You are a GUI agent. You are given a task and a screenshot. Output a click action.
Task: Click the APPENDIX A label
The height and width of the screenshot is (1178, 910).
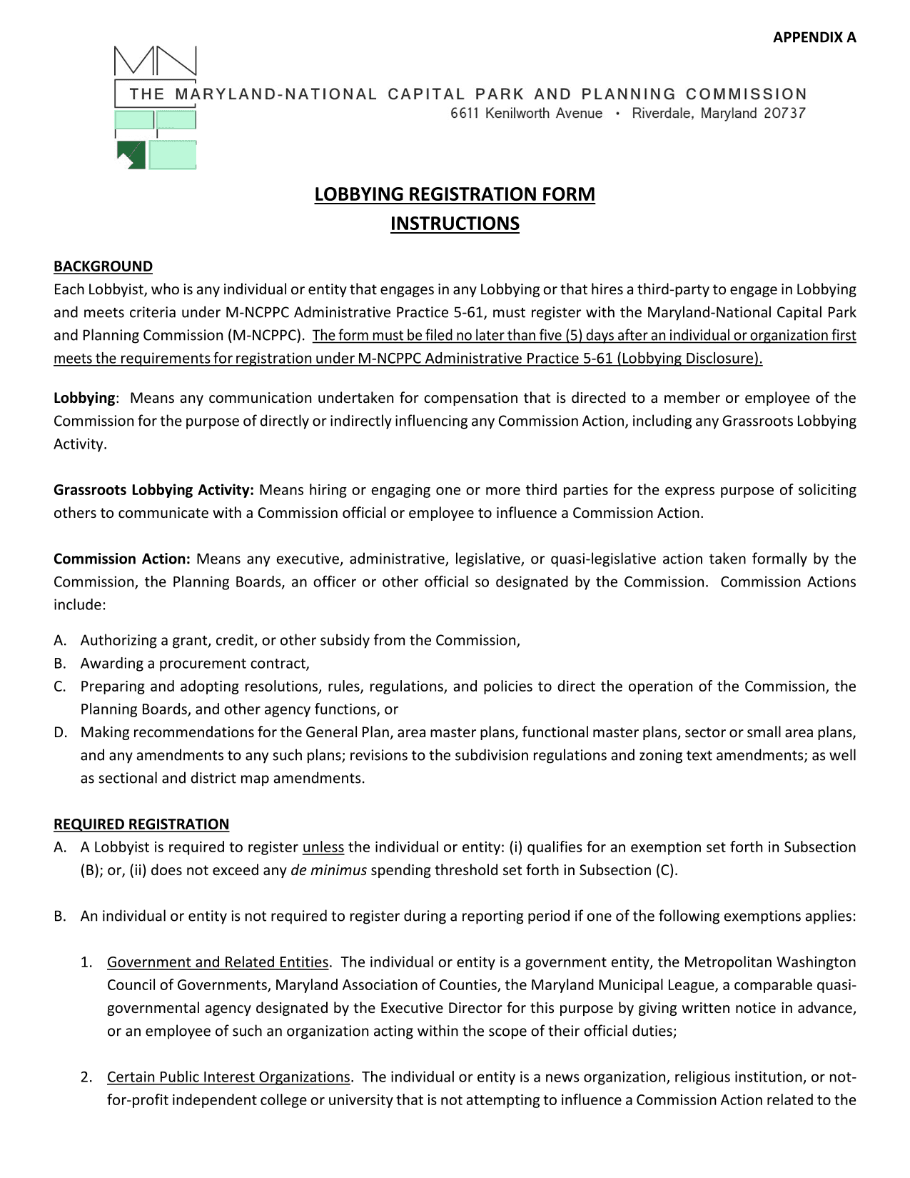[814, 38]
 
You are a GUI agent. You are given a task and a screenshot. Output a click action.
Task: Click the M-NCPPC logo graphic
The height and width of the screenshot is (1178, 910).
[155, 108]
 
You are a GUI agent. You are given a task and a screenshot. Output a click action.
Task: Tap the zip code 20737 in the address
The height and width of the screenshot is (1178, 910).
[783, 114]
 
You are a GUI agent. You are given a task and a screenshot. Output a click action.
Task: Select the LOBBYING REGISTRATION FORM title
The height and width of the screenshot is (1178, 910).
[455, 194]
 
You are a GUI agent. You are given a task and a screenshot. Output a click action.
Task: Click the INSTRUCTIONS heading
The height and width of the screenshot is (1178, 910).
[455, 224]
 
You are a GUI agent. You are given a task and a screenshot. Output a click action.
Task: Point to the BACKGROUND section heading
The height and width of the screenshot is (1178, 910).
[103, 266]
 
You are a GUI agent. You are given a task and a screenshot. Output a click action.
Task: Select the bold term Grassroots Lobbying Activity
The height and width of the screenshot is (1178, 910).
[153, 490]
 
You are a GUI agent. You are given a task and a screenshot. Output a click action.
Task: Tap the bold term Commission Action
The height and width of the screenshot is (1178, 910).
[121, 559]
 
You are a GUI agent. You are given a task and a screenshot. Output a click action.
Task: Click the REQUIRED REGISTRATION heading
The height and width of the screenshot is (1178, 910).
[141, 824]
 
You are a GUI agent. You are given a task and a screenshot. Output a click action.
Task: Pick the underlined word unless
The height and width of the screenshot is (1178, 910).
[323, 847]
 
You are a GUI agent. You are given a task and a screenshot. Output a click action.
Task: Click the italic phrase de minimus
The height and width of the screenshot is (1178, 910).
[328, 870]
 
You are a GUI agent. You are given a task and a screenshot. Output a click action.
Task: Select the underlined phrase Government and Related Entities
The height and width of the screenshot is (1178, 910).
[218, 962]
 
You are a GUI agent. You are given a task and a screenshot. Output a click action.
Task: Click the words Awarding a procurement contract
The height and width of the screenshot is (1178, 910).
[195, 664]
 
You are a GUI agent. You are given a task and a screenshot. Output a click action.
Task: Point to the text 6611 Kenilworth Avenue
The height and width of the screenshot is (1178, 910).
[526, 114]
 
